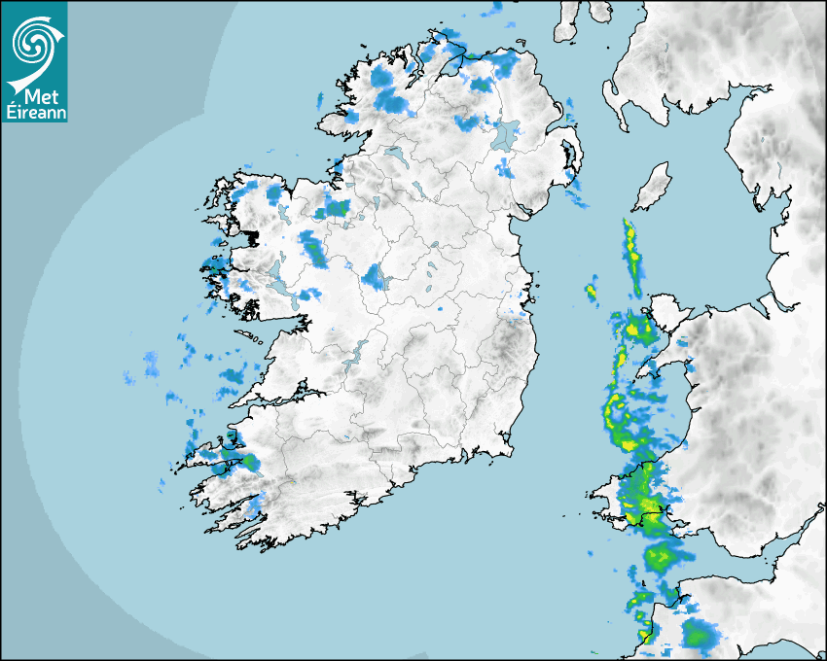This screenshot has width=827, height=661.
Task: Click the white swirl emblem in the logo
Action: [34, 44]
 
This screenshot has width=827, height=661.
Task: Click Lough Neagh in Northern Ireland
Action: [506, 133]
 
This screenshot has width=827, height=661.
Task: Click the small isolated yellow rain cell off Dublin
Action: [591, 291]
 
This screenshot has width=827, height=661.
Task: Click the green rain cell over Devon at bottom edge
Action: [698, 635]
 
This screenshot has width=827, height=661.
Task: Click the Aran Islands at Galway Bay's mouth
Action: [249, 338]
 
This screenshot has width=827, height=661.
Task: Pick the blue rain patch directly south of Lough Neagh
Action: [504, 167]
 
